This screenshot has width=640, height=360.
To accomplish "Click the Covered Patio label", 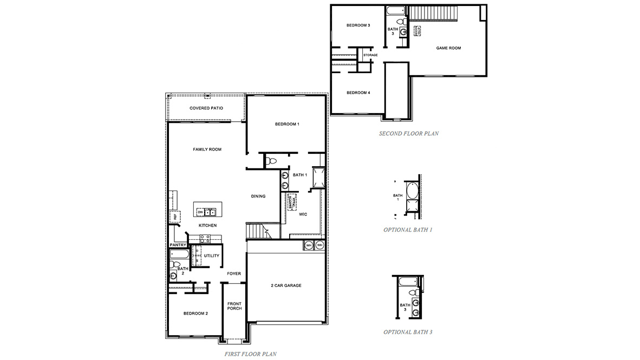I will click(206, 108).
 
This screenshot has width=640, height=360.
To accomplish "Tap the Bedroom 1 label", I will click(287, 125).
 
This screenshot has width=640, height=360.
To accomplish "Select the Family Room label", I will click(207, 149).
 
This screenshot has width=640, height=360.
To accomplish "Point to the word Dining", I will click(258, 196).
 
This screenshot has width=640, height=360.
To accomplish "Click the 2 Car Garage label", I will click(286, 285).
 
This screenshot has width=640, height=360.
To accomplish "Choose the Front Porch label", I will click(234, 306).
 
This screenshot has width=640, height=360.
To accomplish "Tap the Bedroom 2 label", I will click(195, 313).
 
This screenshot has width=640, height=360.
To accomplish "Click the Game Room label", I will click(448, 48).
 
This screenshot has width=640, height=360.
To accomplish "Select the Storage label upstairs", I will click(370, 55).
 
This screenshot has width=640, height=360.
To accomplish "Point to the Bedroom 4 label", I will click(358, 93).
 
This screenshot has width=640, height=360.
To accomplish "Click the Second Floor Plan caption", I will click(409, 133).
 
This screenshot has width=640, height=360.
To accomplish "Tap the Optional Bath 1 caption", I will click(408, 230).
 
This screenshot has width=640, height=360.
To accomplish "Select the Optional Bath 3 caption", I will click(408, 332).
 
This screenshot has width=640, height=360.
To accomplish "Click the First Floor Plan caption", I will click(250, 354).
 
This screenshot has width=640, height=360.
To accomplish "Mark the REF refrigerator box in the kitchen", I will click(175, 217).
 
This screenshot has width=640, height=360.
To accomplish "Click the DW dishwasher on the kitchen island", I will click(200, 212).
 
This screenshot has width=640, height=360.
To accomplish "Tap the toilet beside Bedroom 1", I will click(271, 161).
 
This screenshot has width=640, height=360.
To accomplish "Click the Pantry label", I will click(178, 245).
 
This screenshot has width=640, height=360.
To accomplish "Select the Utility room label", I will click(212, 256).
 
